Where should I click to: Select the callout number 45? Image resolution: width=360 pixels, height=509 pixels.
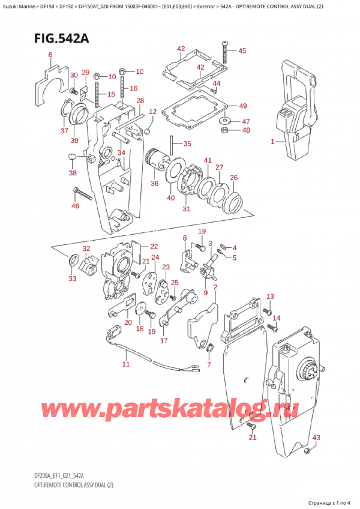[242, 51]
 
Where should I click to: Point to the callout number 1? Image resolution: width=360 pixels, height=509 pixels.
[272, 142]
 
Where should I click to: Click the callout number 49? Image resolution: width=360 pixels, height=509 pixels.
[242, 106]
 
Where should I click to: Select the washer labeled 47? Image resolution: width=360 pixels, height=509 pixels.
[225, 118]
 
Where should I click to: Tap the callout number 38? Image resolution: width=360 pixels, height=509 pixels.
[73, 173]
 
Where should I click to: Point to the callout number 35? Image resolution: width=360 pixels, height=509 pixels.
[187, 143]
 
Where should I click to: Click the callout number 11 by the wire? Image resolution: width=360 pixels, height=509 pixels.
[125, 364]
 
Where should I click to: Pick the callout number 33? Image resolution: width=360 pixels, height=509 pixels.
[73, 279]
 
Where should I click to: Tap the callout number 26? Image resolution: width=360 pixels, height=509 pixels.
[233, 178]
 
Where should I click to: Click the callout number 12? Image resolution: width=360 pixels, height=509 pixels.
[152, 112]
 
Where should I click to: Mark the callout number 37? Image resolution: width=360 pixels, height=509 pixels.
[64, 131]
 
